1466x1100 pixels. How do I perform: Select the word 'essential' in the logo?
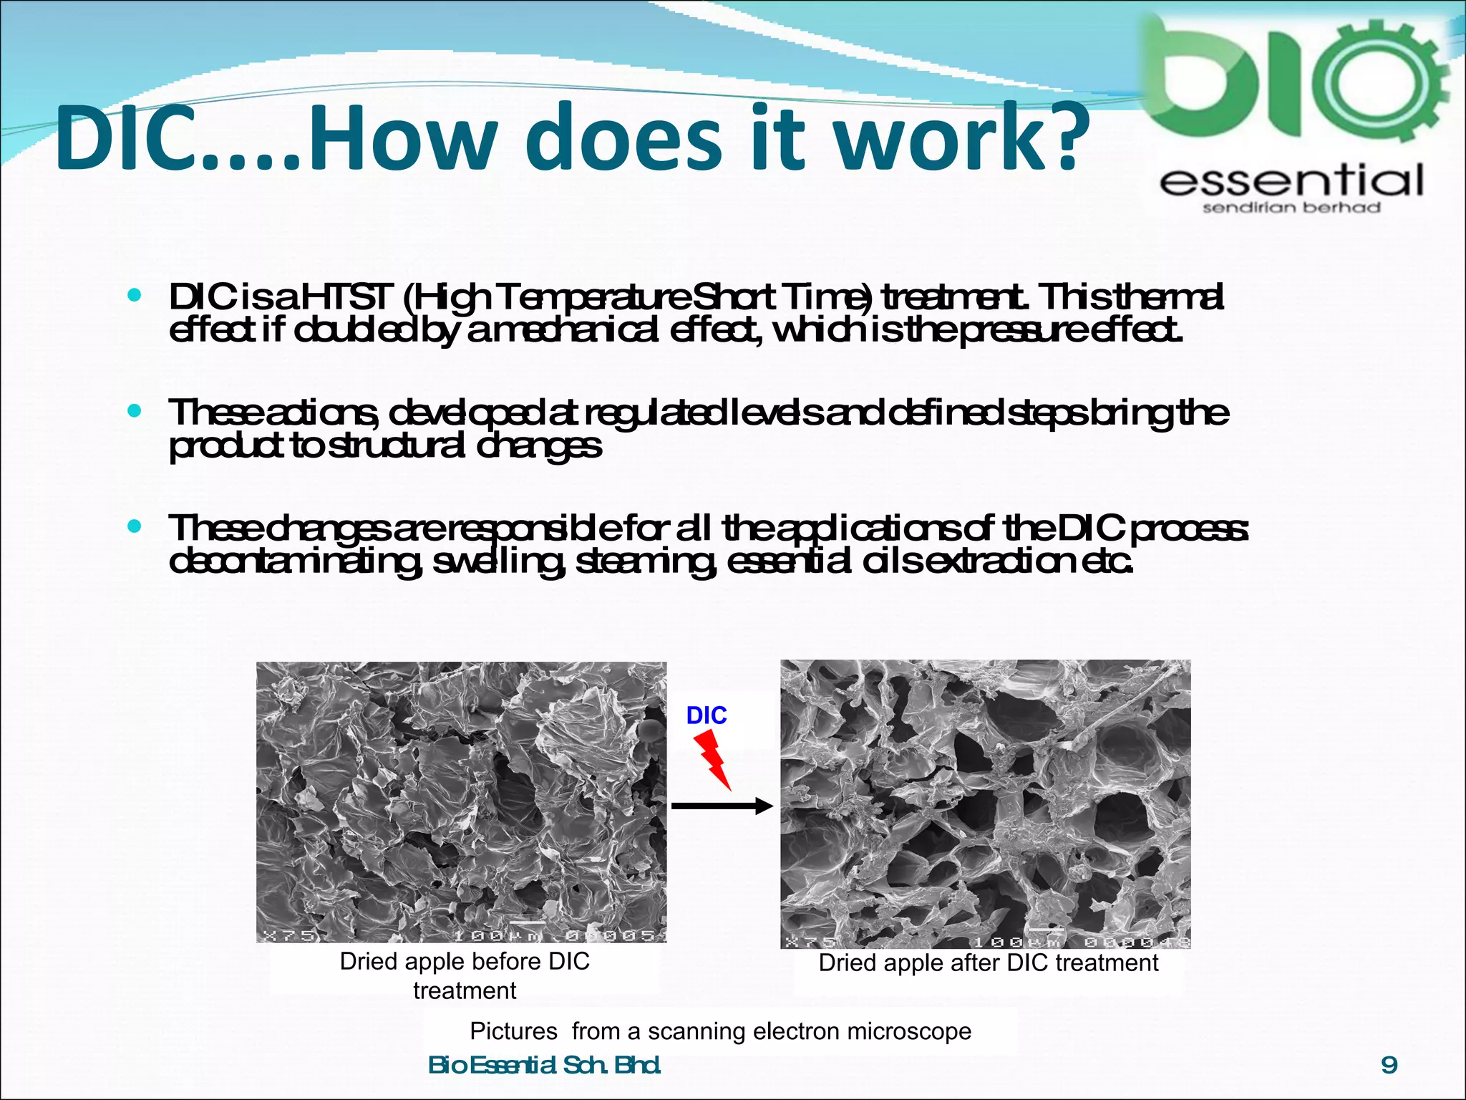pos(1291,180)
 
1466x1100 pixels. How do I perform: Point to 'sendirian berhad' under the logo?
pos(1291,208)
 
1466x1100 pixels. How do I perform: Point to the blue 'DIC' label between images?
pos(706,715)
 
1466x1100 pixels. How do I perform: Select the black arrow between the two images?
pos(722,807)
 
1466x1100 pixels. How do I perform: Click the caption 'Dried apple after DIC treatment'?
pos(988,962)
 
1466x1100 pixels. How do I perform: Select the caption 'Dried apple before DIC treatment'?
pos(465,975)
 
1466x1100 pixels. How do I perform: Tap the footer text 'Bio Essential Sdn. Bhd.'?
pos(544,1065)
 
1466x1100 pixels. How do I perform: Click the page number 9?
pos(1389,1065)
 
